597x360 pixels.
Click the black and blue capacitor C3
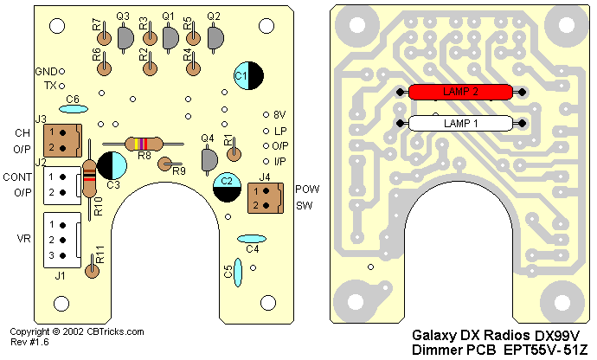point(112,165)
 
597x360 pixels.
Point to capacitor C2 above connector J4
point(228,185)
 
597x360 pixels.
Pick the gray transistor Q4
point(209,159)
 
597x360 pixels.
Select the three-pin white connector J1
point(61,239)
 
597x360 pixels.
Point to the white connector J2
point(61,183)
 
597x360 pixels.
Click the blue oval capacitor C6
point(74,109)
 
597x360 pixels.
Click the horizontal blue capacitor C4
point(252,238)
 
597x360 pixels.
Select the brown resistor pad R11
point(93,271)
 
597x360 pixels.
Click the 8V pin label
point(279,114)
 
